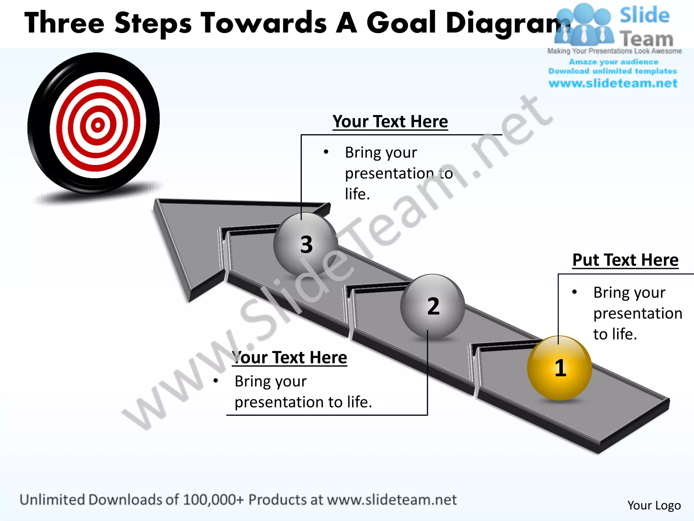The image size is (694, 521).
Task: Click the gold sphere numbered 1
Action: [559, 368]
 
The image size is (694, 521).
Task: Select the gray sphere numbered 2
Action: [433, 306]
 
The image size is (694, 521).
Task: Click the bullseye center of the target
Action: [98, 125]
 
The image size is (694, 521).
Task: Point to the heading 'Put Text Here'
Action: [625, 260]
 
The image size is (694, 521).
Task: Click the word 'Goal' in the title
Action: [401, 23]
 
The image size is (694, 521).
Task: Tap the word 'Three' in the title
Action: [64, 23]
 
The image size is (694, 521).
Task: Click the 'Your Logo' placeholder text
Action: [654, 505]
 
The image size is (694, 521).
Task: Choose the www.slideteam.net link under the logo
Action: [613, 83]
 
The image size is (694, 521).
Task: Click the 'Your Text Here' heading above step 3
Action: [390, 121]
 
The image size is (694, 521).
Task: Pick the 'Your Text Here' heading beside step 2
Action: [290, 358]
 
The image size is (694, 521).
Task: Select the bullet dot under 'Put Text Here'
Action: [574, 292]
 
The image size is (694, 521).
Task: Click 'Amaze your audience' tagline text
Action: [613, 62]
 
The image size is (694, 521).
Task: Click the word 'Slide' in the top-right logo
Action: [645, 16]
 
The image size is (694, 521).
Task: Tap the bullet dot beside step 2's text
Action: [216, 381]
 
